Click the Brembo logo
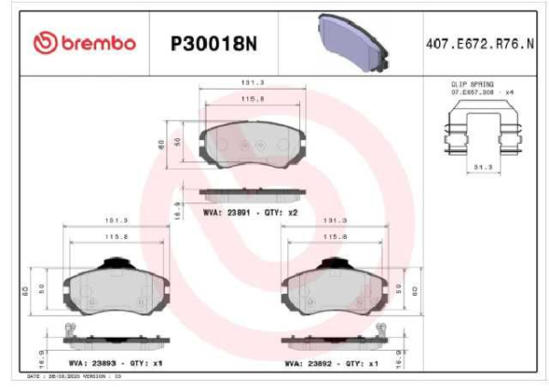click(x=83, y=42)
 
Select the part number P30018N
click(x=211, y=42)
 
